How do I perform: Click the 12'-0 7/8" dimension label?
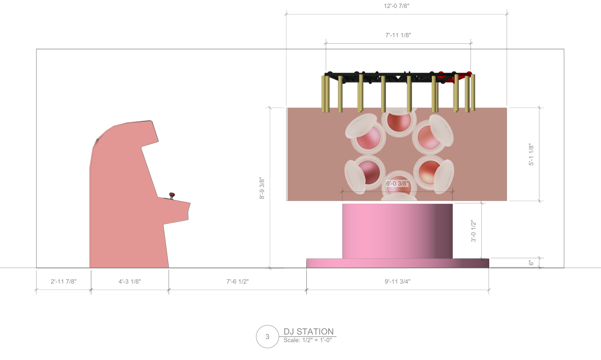396,6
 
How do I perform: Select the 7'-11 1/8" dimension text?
398,35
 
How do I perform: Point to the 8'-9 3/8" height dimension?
262,188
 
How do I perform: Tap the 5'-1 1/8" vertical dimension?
531,154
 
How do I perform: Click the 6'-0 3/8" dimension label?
397,183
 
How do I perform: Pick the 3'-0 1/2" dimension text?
474,231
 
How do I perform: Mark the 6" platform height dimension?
531,263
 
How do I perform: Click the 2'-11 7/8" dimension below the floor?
64,281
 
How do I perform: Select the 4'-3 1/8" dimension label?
130,281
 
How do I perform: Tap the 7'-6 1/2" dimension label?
237,281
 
